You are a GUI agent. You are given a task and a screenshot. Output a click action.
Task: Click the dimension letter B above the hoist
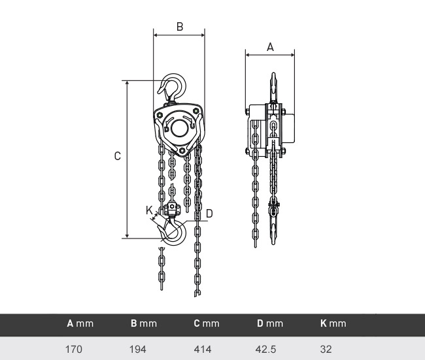coord(180,27)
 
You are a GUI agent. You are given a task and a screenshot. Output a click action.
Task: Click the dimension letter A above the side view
coord(270,47)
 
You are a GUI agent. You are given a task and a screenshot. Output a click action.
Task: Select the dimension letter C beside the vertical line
coord(117,156)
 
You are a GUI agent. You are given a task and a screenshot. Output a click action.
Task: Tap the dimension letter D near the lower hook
coord(209,214)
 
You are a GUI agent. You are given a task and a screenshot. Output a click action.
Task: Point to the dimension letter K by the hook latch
coord(149,210)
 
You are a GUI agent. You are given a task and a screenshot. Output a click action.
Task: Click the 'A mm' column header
coord(80,323)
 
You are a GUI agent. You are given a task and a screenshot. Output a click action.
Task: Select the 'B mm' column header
coord(144,323)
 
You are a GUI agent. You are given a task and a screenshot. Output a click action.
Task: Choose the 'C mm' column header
coord(207,323)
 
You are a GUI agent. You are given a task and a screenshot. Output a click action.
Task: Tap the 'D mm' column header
coord(270,323)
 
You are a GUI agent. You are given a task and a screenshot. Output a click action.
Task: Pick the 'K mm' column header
coord(333,323)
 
